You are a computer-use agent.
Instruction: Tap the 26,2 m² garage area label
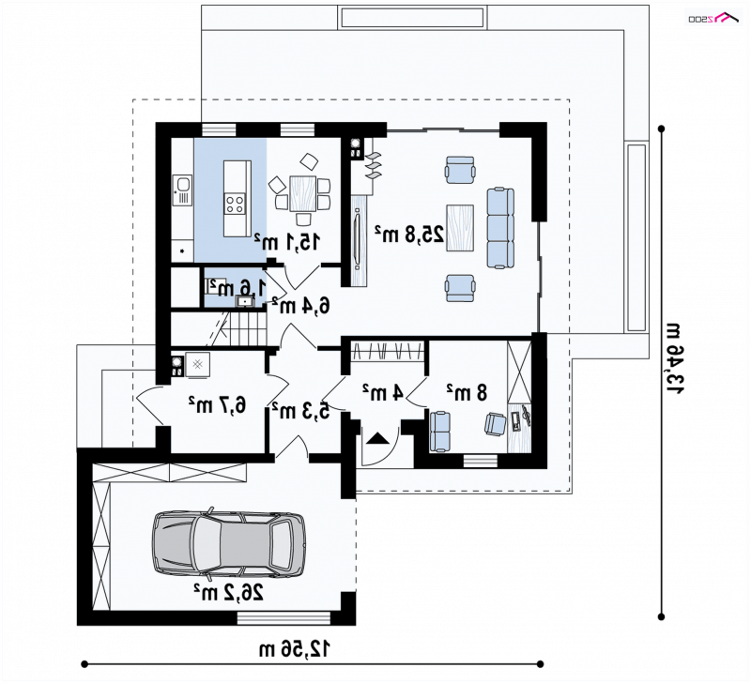228,594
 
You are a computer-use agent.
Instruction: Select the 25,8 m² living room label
409,234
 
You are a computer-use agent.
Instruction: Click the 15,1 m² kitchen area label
287,242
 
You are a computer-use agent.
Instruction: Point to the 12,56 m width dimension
295,649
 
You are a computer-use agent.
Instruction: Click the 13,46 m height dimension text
675,358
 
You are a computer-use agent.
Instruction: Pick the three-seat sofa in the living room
500,228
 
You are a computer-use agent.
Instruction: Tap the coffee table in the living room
460,228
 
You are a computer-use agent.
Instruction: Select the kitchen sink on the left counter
182,190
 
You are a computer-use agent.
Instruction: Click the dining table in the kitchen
302,193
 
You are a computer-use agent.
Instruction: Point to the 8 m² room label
467,392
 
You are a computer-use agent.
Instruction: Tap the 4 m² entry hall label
383,392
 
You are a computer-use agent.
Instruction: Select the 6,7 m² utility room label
218,405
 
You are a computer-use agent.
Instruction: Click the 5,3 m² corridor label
300,410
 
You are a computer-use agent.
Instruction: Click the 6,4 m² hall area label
300,304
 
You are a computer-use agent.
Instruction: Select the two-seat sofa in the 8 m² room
439,432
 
